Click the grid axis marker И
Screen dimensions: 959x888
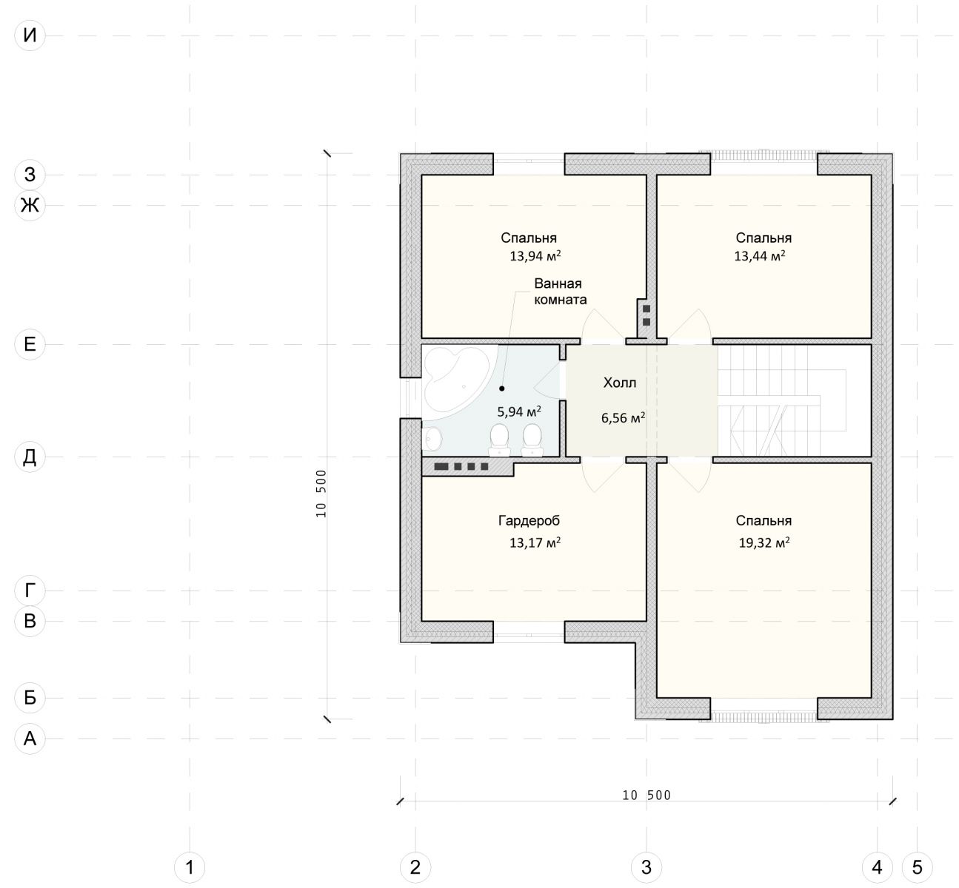pos(30,36)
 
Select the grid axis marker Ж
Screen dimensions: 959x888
pos(30,205)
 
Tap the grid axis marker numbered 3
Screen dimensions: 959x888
pos(646,867)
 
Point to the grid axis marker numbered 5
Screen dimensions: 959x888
pos(917,867)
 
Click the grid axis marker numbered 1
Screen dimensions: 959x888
pos(190,867)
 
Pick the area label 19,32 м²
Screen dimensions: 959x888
pos(764,542)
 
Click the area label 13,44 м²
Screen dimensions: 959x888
pos(760,255)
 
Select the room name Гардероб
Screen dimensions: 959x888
pos(529,521)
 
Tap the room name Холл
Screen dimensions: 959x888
pos(620,383)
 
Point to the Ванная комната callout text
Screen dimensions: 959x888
pos(560,291)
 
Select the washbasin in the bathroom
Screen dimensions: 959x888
pos(432,439)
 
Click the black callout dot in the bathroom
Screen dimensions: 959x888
pos(501,388)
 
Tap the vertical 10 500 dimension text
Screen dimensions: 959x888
pos(321,494)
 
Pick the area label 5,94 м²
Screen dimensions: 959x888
pos(519,411)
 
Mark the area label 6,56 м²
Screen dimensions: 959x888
pos(623,417)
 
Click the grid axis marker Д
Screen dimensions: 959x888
pos(30,457)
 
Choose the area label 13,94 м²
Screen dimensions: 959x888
pos(535,255)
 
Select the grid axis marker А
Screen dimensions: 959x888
pos(30,739)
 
